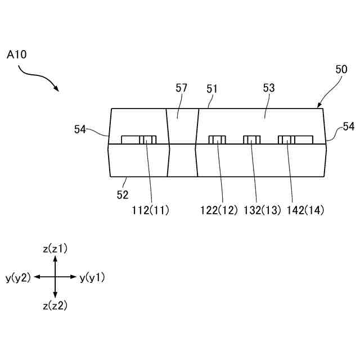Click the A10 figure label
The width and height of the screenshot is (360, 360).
coord(16,55)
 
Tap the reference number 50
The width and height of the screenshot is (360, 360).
coord(341,69)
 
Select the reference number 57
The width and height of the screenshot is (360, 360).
coord(181,88)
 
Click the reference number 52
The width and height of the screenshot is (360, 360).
coord(123,195)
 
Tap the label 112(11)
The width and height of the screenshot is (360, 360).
coord(149,210)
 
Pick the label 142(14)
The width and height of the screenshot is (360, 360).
coord(305,210)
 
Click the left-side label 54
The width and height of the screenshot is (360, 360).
coord(80,129)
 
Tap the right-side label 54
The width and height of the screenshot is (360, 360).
coord(349,127)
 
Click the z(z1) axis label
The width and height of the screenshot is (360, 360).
coord(55,248)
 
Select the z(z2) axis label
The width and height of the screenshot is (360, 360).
coord(55,305)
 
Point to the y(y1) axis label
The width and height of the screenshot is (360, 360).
coord(92,277)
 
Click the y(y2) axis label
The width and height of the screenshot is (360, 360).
coord(18,277)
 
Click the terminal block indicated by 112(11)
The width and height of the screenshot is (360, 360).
coord(147,139)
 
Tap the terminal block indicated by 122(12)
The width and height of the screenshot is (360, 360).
coord(217,139)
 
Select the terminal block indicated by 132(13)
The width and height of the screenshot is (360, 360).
coord(251,139)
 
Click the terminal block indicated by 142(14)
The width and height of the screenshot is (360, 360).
coord(287,139)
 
